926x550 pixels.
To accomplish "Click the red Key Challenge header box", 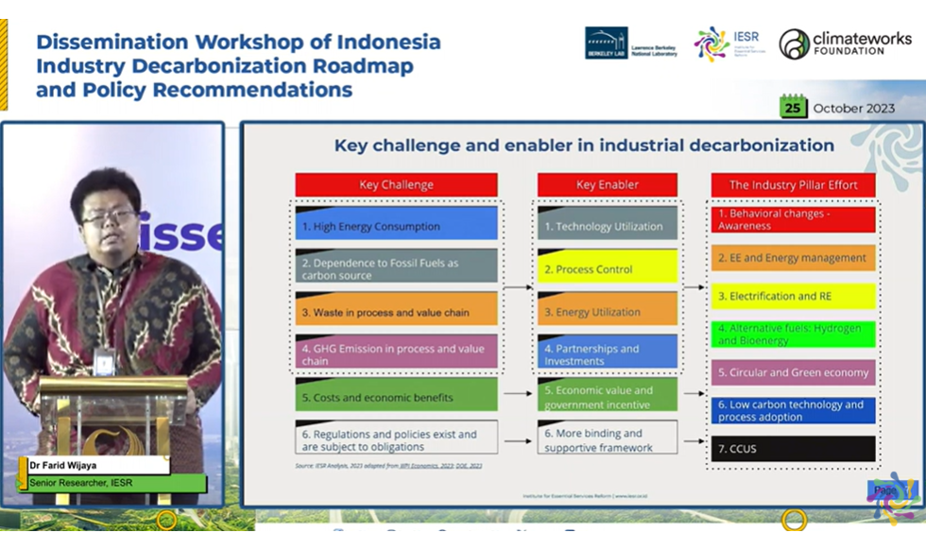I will (x=396, y=185).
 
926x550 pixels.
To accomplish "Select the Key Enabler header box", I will (x=607, y=185).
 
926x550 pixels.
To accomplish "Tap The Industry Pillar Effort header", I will (x=794, y=185).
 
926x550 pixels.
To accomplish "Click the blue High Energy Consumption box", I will (x=396, y=225).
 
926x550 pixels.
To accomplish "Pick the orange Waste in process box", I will (x=396, y=310).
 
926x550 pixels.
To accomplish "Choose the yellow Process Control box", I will (x=607, y=268).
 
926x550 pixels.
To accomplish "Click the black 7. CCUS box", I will (x=794, y=448).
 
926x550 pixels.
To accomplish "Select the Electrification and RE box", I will (x=794, y=297).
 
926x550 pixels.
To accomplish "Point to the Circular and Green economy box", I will (x=794, y=372).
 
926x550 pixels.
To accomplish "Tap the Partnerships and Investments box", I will (x=607, y=353).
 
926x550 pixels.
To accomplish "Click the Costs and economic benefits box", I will (x=396, y=397).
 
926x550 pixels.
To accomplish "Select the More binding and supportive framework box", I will (x=607, y=439).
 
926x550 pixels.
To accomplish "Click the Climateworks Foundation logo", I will (x=844, y=43).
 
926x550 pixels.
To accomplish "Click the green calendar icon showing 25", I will (x=794, y=107).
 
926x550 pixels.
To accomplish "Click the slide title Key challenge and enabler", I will (x=584, y=146).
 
